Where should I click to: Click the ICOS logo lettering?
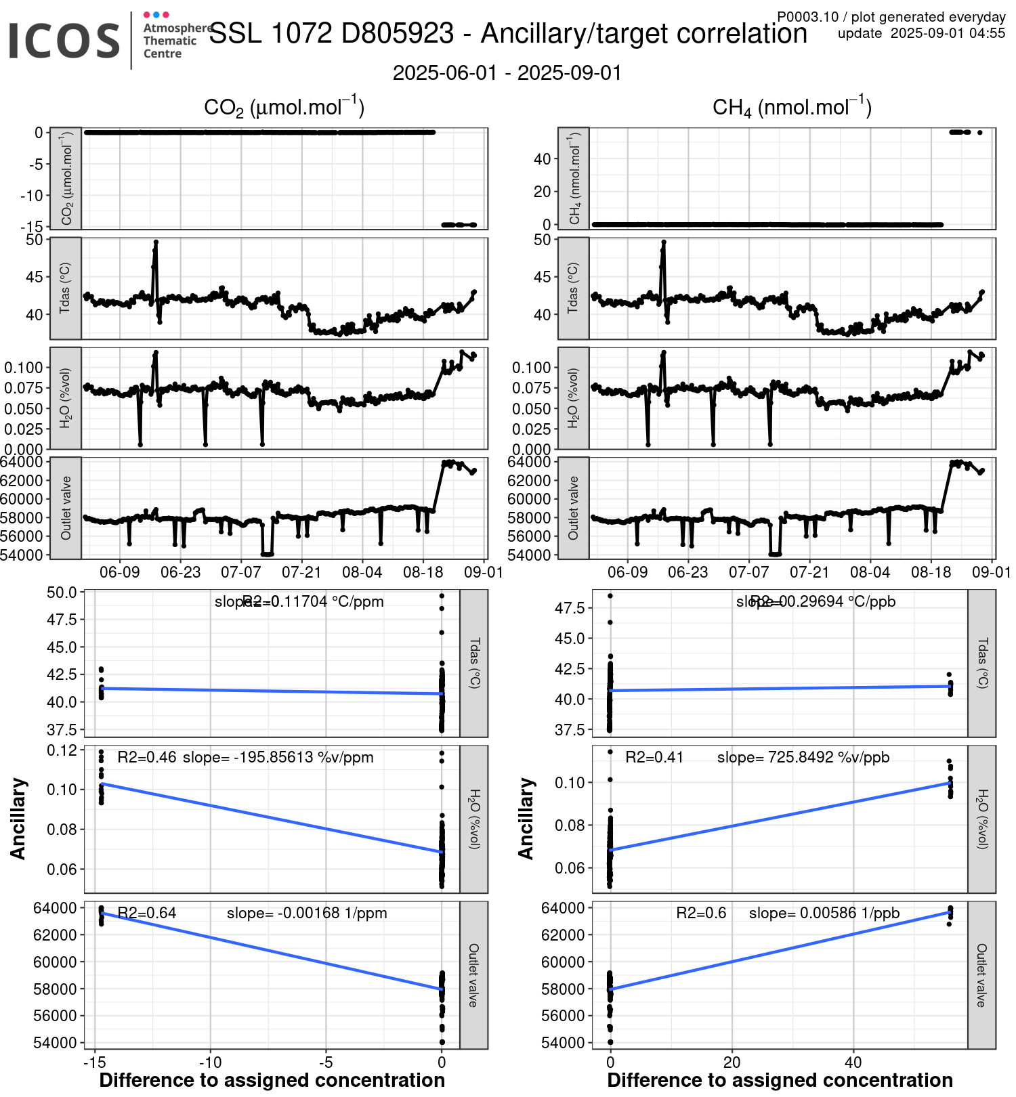click(x=64, y=41)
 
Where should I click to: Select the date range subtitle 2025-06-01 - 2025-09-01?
click(x=507, y=73)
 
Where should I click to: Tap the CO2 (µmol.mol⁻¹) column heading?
click(x=284, y=108)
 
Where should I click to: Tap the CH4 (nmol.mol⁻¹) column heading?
click(x=792, y=108)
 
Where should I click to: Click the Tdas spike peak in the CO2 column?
click(x=156, y=242)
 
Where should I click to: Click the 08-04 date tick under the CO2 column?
click(x=362, y=572)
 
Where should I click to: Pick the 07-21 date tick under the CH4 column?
click(x=809, y=572)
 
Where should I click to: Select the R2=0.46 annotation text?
click(x=147, y=757)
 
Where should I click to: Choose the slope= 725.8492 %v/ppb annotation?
click(x=803, y=757)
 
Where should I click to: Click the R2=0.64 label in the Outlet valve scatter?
click(x=147, y=913)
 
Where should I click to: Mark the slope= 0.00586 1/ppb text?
click(x=824, y=913)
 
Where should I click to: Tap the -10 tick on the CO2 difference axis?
click(x=210, y=1062)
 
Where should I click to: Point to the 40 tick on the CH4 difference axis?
click(x=853, y=1062)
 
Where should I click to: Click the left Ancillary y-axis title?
click(x=18, y=819)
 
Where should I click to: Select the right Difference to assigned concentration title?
click(x=780, y=1080)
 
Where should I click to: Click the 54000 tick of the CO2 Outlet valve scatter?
click(x=55, y=1042)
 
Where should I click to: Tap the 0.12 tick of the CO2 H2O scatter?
click(x=62, y=750)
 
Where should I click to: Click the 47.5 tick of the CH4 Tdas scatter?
click(x=570, y=608)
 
